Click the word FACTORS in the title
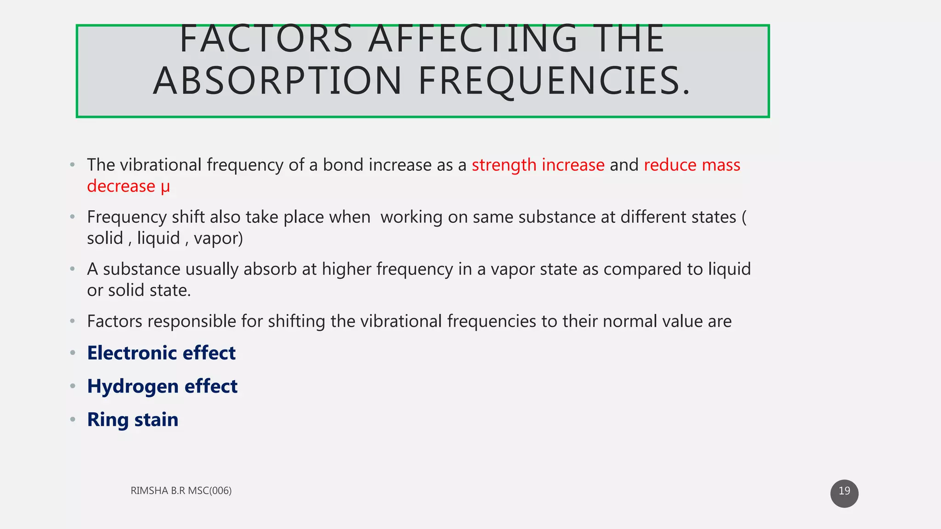click(266, 39)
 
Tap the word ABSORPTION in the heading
click(278, 81)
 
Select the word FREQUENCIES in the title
click(554, 81)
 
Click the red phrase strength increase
click(538, 165)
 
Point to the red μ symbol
click(165, 186)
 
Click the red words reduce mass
click(692, 165)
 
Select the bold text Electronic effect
click(161, 353)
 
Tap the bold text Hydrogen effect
click(162, 386)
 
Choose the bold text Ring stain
click(133, 420)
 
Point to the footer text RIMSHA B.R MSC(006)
click(181, 490)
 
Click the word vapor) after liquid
click(218, 238)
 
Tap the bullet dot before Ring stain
click(73, 419)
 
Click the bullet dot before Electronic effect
click(73, 353)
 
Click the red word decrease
click(121, 186)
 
